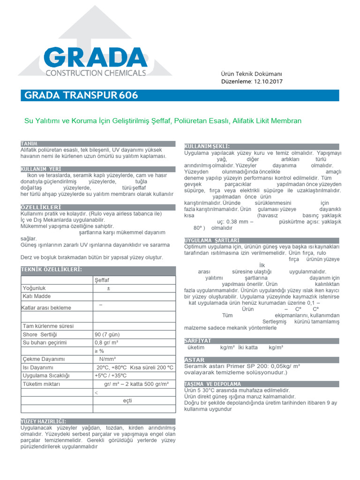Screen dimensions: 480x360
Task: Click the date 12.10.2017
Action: (x=269, y=81)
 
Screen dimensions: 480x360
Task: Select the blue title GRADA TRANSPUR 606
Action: (x=81, y=96)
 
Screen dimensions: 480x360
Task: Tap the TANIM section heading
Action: (x=29, y=143)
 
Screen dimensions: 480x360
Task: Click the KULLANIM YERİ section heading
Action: (x=41, y=169)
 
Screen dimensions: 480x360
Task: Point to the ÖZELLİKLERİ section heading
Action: (x=40, y=207)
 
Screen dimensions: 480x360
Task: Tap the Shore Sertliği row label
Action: (x=39, y=334)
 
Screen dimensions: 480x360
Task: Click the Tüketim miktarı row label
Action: (x=41, y=384)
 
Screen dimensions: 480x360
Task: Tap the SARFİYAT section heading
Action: (x=198, y=341)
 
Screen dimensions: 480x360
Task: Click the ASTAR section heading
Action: (x=195, y=360)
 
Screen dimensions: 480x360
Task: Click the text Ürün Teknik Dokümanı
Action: (x=251, y=74)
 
